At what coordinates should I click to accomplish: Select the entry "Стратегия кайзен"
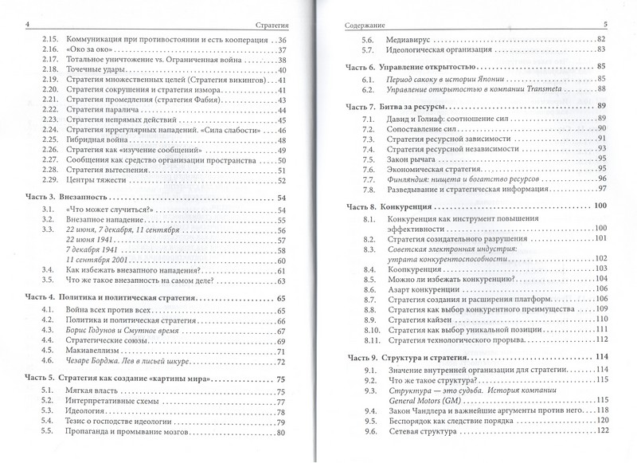point(425,319)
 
